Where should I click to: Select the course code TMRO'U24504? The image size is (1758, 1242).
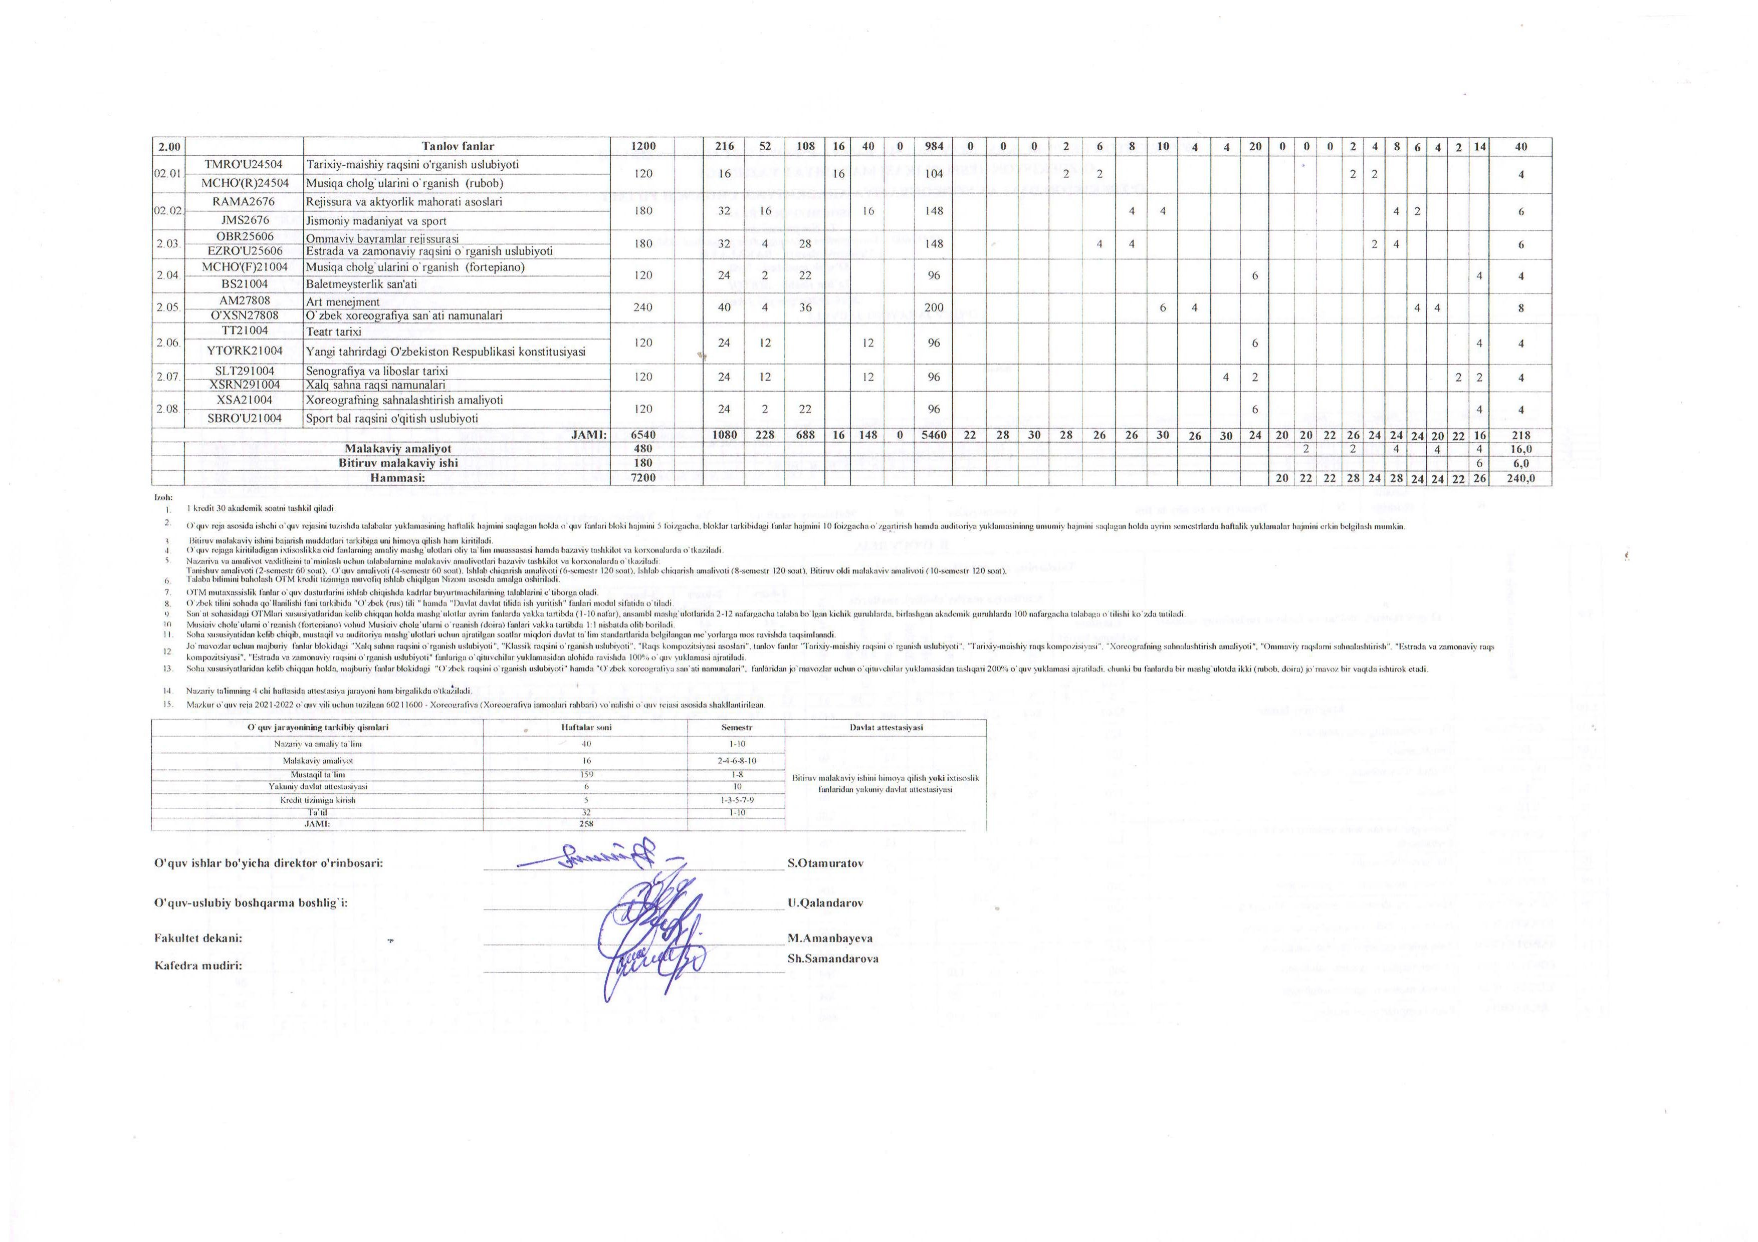[244, 165]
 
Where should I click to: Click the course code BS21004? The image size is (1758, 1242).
[244, 283]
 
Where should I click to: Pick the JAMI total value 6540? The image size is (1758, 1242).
[643, 435]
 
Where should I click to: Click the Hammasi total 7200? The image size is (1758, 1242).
[643, 478]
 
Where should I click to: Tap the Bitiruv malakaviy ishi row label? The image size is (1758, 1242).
[398, 463]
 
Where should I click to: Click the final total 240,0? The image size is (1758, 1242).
[1520, 478]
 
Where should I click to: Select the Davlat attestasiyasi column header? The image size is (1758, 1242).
[886, 727]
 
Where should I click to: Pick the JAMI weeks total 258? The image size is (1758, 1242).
[586, 824]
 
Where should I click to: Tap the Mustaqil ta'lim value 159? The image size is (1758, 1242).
[586, 774]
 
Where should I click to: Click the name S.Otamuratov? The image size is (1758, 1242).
[825, 863]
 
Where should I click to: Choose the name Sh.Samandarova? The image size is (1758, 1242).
[832, 958]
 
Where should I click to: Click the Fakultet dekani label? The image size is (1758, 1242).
[198, 938]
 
